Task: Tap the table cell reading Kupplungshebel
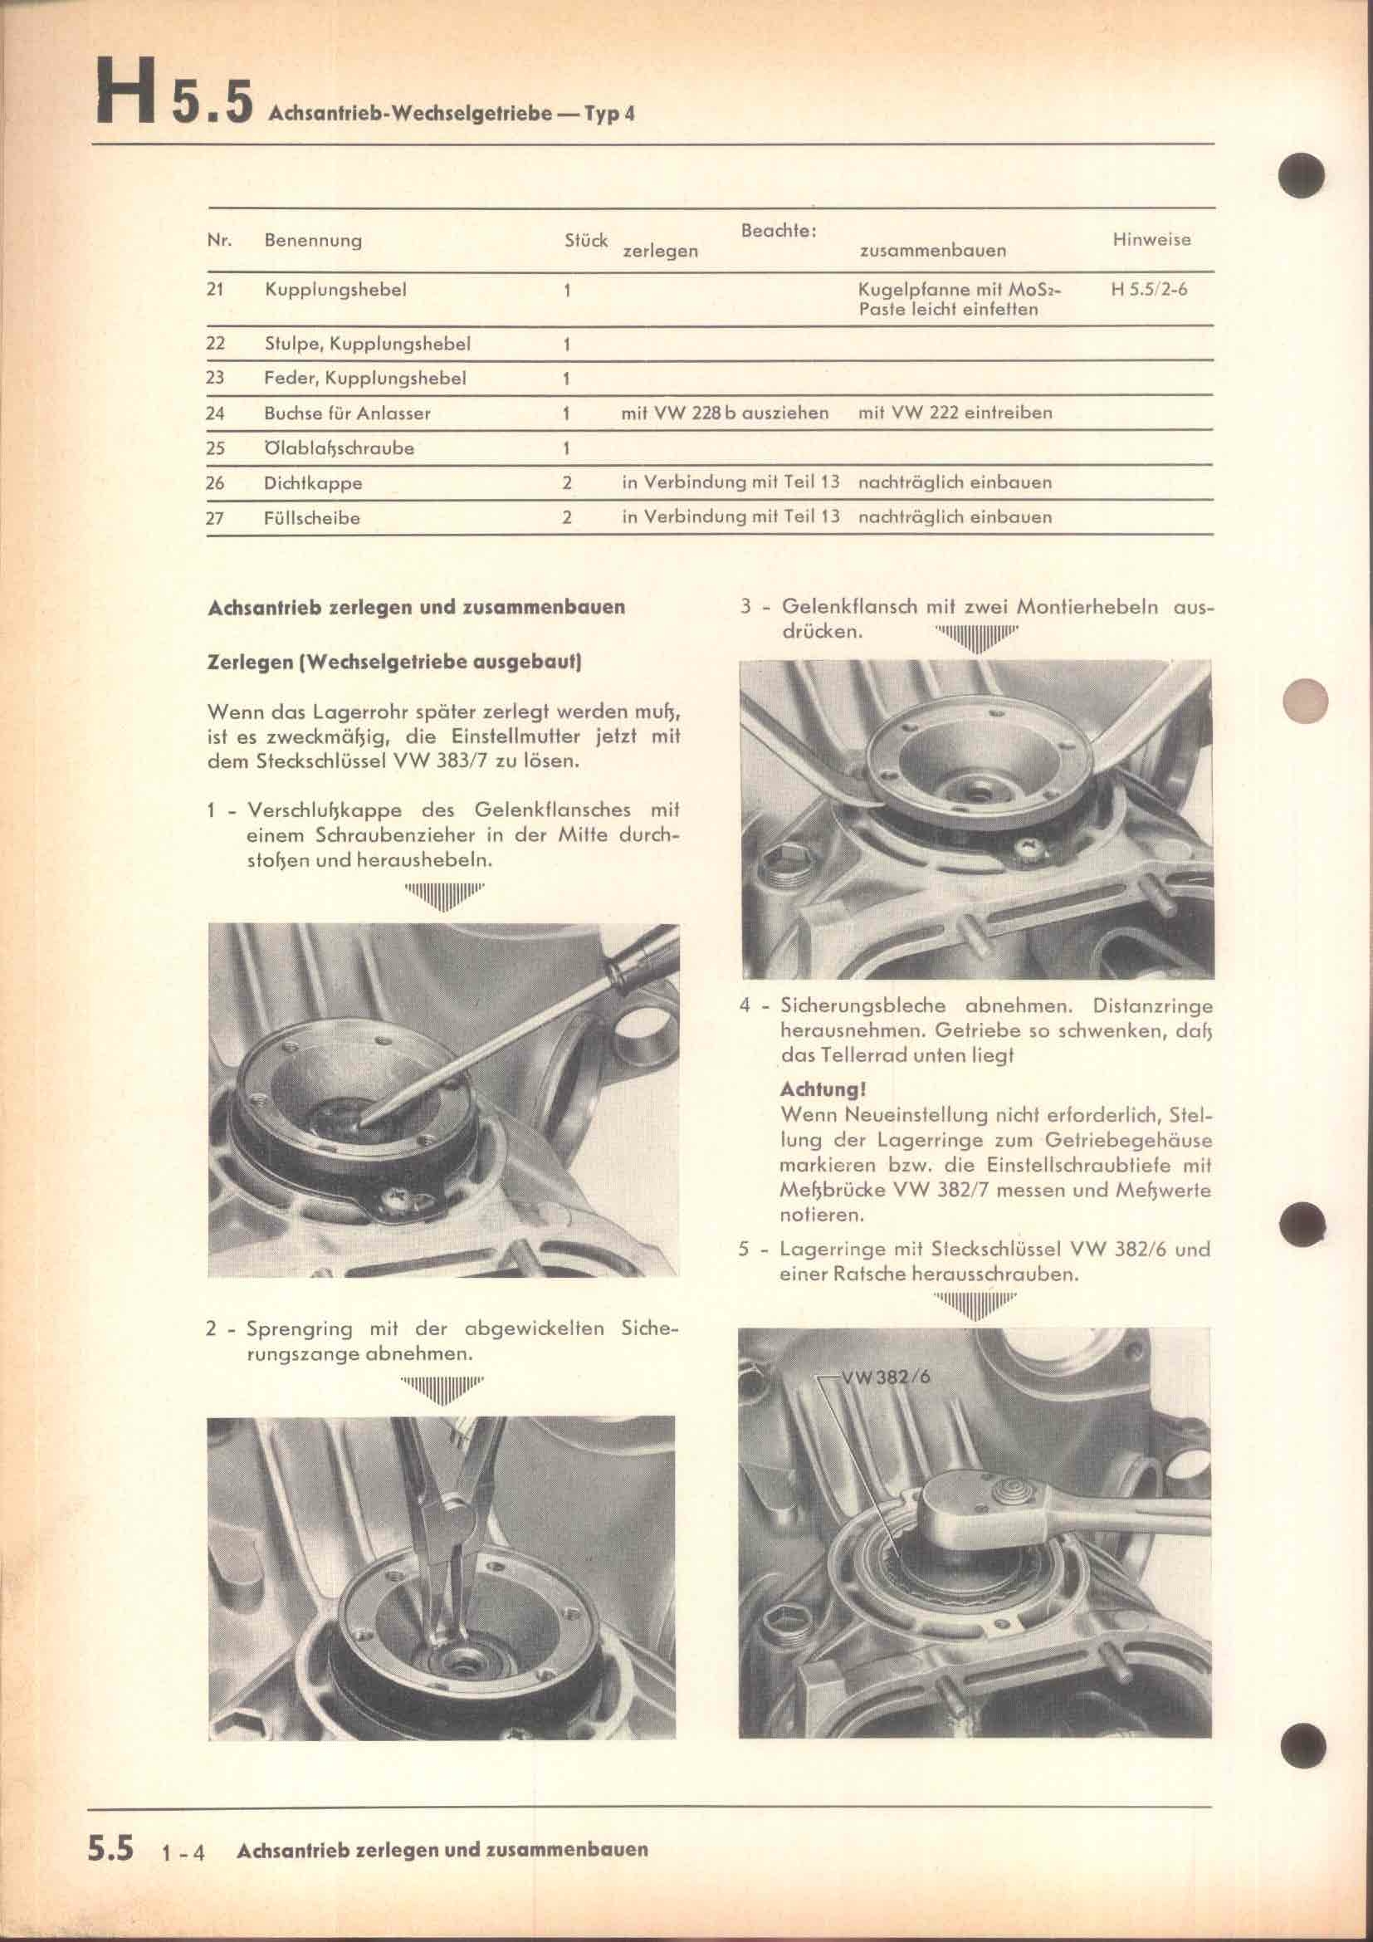click(335, 290)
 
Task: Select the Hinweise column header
click(1151, 239)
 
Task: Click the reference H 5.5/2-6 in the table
click(1150, 289)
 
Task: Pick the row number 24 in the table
click(215, 413)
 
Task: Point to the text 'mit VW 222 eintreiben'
click(955, 413)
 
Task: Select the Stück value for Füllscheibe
click(567, 518)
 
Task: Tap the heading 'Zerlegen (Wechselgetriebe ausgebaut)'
click(394, 663)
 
